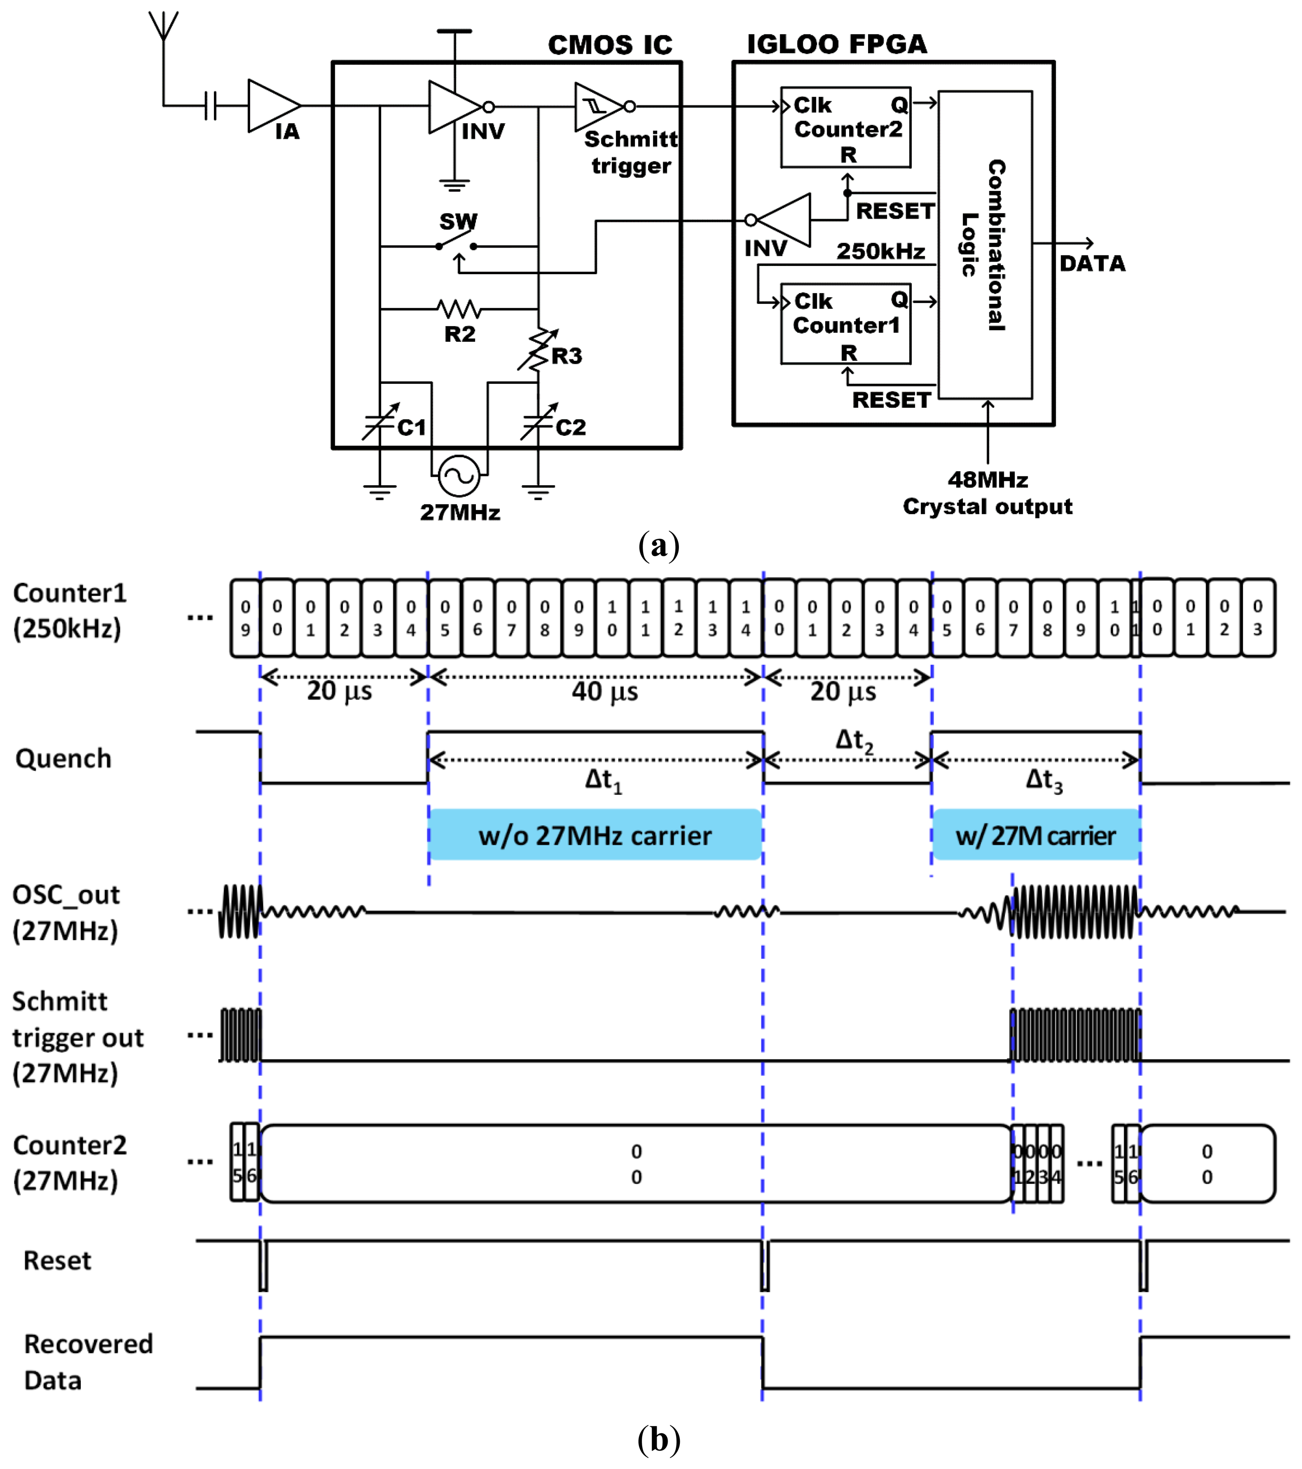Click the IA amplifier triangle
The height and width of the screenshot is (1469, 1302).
(x=269, y=107)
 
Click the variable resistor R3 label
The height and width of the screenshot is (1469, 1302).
(x=566, y=356)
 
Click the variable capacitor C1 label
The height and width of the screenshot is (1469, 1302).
(x=412, y=428)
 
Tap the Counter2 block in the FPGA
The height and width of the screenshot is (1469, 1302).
(x=846, y=128)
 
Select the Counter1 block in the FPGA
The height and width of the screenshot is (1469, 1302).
(x=846, y=324)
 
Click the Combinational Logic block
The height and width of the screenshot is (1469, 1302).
(x=985, y=245)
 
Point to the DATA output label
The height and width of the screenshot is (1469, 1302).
(x=1092, y=264)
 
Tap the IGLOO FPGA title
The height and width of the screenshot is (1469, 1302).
(x=837, y=45)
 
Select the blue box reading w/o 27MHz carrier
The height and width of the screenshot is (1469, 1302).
(x=595, y=835)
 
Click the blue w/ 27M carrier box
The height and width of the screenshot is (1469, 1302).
(x=1035, y=835)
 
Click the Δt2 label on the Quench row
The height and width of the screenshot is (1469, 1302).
(x=854, y=740)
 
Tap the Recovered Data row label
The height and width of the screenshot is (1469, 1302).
(x=88, y=1362)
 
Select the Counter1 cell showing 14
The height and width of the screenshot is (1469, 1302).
(x=746, y=618)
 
